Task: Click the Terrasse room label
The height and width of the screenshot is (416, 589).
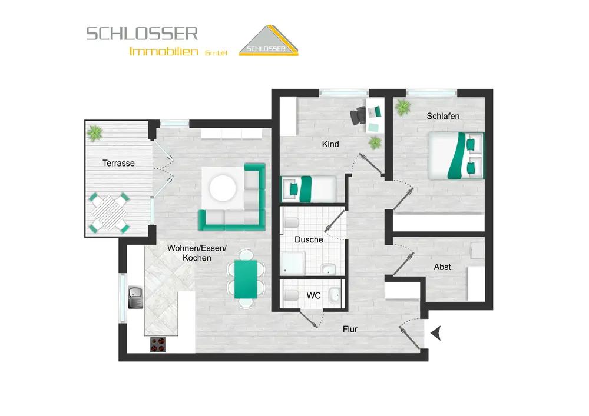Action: coord(118,163)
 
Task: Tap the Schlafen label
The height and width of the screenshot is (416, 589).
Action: coord(443,116)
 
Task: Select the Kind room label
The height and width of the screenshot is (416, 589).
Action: coord(330,144)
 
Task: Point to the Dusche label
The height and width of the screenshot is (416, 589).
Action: coord(309,239)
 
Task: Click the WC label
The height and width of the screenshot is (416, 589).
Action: coord(313,295)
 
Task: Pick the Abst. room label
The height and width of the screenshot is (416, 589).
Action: coord(443,267)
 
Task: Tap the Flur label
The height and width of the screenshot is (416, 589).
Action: coord(350,329)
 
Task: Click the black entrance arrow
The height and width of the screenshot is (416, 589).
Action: coord(436,334)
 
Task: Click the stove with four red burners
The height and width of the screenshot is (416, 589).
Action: coord(157,344)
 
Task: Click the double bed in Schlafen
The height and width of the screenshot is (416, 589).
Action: coord(455,156)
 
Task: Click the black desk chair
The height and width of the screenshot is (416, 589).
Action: coord(358,116)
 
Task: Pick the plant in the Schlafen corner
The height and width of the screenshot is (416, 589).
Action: coord(403,107)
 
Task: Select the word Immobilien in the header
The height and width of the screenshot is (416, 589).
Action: coord(164,52)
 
